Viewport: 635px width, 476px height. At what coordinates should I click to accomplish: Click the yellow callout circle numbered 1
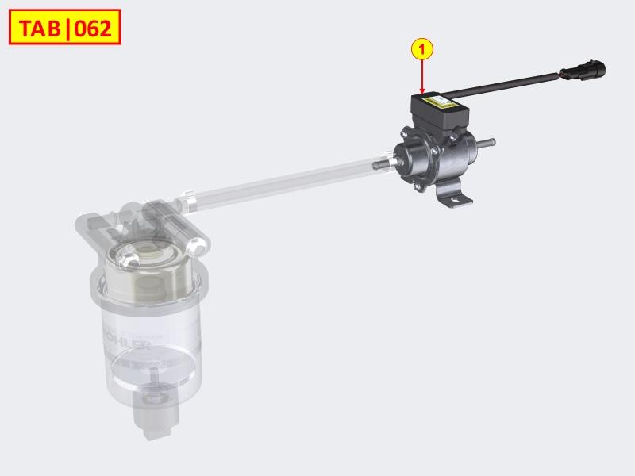click(x=422, y=48)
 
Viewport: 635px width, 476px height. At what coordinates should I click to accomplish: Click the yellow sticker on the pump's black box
click(x=441, y=102)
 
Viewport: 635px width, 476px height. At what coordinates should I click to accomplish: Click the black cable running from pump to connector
click(x=508, y=81)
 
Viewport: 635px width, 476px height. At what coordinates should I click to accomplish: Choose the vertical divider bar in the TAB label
click(x=70, y=29)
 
